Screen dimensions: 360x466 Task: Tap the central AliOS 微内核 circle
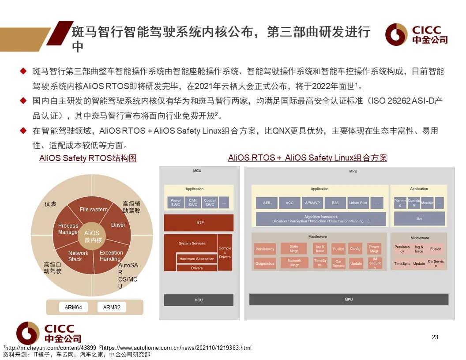(93, 236)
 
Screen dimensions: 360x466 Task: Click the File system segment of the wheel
(94, 210)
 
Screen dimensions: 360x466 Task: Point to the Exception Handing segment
(111, 256)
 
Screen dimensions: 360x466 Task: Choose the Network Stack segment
(78, 256)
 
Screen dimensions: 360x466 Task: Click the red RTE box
(200, 223)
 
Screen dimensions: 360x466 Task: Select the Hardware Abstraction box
(197, 259)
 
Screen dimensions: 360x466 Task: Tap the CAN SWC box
(193, 202)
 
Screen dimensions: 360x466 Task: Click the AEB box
(267, 203)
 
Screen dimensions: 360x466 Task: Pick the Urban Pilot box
(358, 203)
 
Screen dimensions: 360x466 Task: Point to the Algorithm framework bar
(321, 219)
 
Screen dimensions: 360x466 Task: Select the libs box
(419, 219)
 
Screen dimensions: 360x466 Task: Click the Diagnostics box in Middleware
(265, 264)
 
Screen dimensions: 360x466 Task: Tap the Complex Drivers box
(225, 252)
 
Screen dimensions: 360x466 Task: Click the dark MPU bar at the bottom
(349, 300)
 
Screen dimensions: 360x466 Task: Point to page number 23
(435, 337)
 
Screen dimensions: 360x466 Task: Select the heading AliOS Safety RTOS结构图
(88, 159)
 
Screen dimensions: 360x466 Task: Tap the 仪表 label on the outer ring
(50, 204)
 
